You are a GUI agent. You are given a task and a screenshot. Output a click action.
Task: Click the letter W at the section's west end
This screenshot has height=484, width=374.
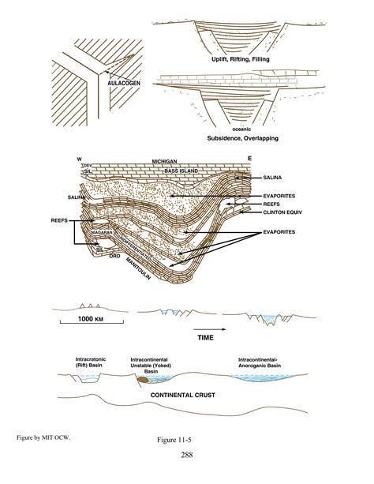click(80, 159)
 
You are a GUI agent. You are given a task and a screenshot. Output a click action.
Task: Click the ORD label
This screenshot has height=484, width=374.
click(114, 255)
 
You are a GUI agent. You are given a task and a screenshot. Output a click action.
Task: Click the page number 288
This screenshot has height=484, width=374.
click(186, 455)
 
